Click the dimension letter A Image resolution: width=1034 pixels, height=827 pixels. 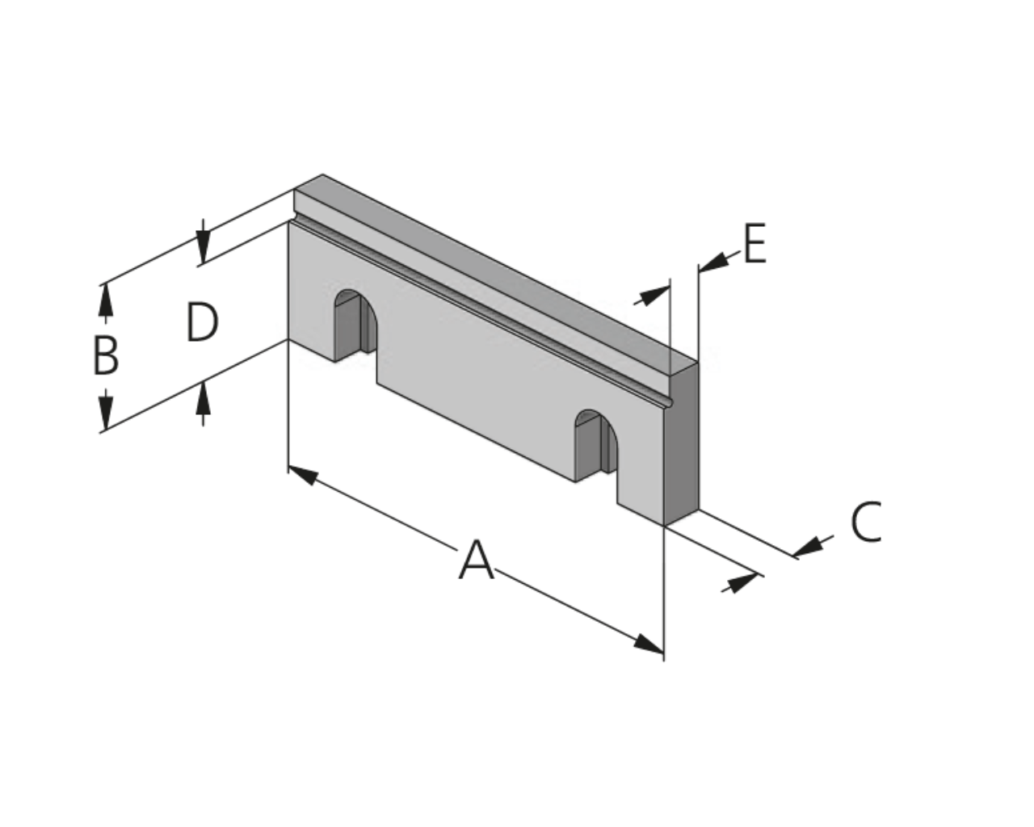[476, 560]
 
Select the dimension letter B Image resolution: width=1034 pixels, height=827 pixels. [105, 355]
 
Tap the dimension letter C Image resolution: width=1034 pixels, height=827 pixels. [866, 522]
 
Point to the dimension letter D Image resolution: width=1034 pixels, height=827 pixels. [202, 322]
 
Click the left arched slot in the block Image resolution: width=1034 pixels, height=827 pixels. [355, 325]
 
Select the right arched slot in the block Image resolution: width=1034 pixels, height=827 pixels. [596, 446]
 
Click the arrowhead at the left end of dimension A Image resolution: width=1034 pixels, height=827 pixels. [303, 475]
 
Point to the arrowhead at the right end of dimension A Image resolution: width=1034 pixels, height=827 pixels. [649, 644]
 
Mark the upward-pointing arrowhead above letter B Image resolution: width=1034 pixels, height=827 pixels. [106, 300]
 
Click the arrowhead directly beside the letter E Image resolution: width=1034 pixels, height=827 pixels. [714, 262]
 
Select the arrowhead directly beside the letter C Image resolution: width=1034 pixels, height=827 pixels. [807, 547]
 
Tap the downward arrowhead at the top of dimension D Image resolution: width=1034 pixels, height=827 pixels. [203, 247]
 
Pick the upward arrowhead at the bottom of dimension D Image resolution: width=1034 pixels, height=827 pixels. [203, 397]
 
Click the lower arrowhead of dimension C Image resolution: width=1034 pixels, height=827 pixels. [744, 583]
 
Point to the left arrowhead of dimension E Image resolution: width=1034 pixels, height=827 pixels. [655, 296]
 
